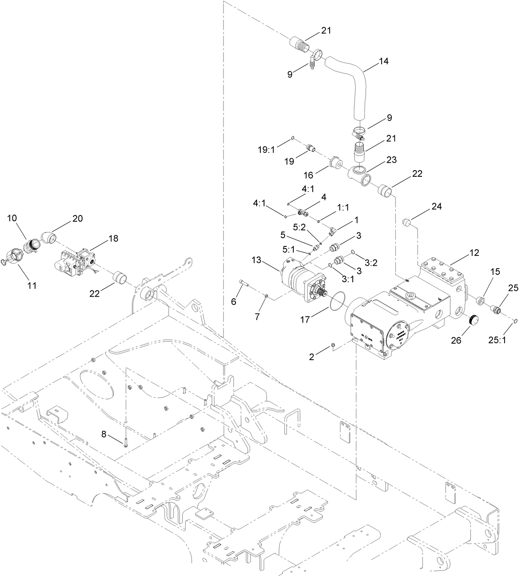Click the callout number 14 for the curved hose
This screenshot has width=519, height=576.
tap(384, 61)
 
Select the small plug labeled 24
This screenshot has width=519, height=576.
tap(408, 223)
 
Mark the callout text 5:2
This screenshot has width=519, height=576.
tap(300, 227)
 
